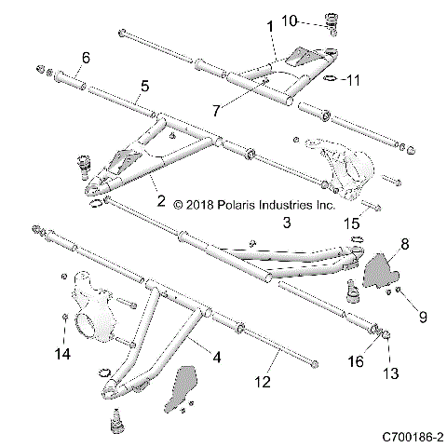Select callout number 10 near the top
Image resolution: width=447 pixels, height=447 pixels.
pos(316,20)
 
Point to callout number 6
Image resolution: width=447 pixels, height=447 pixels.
pos(85,58)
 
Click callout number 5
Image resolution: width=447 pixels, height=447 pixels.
pos(143,86)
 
